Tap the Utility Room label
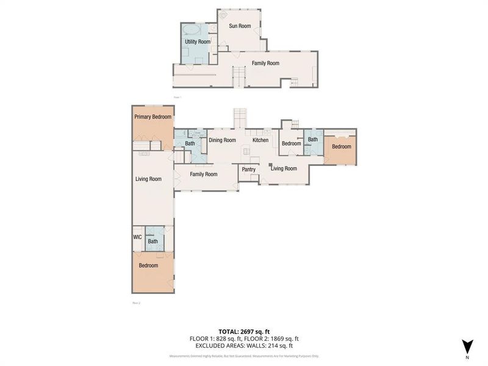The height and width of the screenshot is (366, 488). (x=198, y=41)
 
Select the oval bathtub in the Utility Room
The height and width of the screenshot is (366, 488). (x=190, y=29)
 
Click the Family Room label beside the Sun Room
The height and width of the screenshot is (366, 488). (x=265, y=63)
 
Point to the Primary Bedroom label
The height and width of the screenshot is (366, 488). (x=152, y=117)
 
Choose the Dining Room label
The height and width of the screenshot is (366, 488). (x=222, y=140)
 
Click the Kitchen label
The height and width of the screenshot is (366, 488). (x=260, y=140)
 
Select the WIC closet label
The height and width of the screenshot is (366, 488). (x=138, y=237)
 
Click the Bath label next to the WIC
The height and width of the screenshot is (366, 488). (x=153, y=242)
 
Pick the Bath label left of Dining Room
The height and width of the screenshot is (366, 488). (x=190, y=143)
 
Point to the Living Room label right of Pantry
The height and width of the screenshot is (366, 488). (x=284, y=168)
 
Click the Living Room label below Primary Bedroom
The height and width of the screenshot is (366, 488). (x=148, y=179)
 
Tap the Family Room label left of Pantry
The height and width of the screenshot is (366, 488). (x=203, y=174)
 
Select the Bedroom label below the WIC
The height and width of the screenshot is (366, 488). (x=148, y=265)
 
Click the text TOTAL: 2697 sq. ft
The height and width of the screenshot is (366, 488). (x=244, y=329)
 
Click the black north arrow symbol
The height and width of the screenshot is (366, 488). (x=467, y=346)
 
